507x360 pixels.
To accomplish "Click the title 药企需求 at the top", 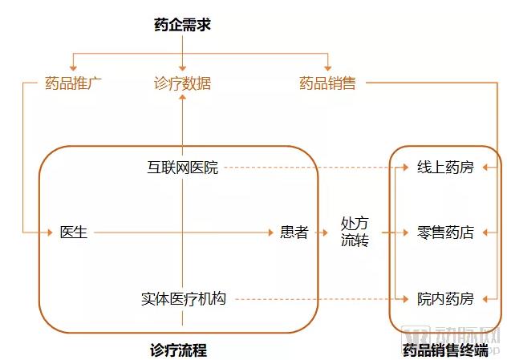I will [x=182, y=25].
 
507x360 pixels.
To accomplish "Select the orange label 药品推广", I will [x=74, y=83].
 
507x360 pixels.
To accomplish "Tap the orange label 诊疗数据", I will [x=183, y=83].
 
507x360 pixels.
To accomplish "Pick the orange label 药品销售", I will [x=327, y=83].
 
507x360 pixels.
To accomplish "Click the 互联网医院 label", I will [x=183, y=168].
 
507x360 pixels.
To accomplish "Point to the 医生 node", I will [x=74, y=233].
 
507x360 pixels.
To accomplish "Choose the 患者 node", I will [x=294, y=233].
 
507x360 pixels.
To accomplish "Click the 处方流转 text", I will [x=355, y=232].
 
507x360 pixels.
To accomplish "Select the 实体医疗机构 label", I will [x=184, y=299].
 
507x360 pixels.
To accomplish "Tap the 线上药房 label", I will [x=445, y=168].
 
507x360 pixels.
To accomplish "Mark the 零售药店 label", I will [x=445, y=233].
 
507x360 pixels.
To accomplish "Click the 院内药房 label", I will [x=445, y=299].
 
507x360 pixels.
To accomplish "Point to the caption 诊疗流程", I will [x=178, y=350].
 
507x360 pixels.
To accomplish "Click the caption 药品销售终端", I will [x=445, y=350].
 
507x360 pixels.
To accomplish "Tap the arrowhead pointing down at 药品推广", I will [x=74, y=69].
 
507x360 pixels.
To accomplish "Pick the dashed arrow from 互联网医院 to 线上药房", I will [x=313, y=168].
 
